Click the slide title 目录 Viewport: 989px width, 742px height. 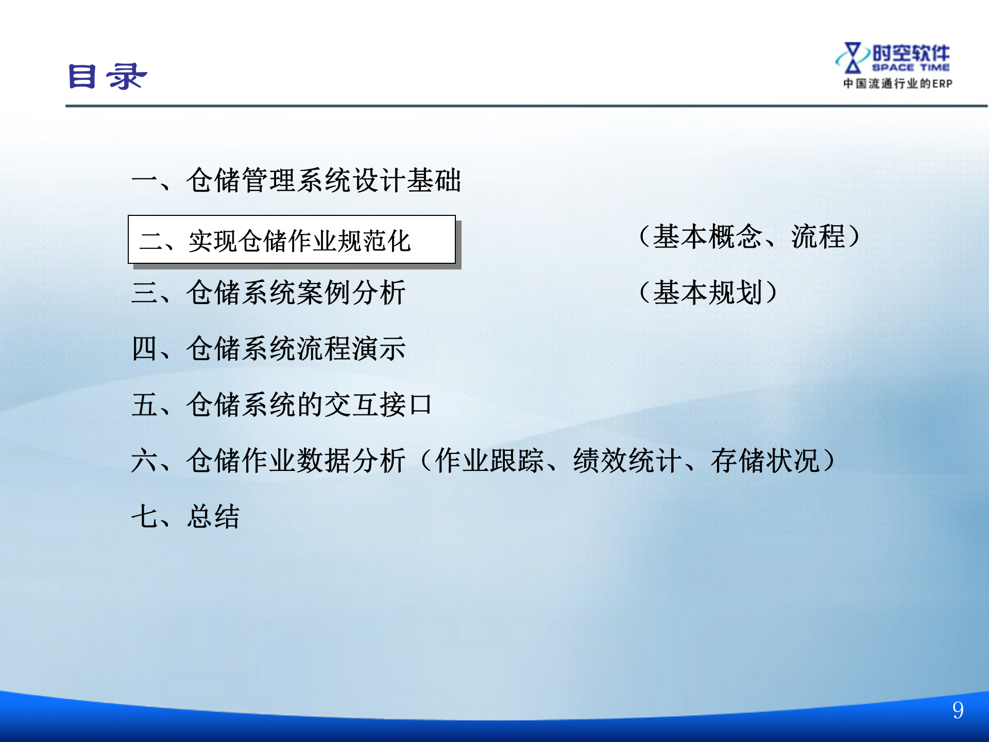tap(107, 77)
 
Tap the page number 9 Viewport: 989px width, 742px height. tap(958, 711)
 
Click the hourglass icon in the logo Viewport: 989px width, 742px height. tap(852, 58)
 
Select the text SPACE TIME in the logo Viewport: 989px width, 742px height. tap(911, 68)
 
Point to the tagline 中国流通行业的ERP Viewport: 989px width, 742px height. tap(897, 83)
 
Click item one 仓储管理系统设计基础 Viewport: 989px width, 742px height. tap(323, 180)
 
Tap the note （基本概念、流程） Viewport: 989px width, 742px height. tap(749, 237)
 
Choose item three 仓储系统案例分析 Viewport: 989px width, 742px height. tap(296, 293)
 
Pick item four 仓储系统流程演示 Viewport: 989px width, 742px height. tap(296, 349)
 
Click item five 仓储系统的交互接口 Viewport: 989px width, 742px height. tap(309, 405)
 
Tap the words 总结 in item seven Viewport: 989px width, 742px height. tap(213, 516)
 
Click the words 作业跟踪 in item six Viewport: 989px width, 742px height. tap(489, 461)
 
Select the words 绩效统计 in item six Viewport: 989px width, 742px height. tap(627, 461)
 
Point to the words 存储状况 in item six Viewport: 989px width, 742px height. tap(765, 461)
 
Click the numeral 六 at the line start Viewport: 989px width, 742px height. tap(144, 461)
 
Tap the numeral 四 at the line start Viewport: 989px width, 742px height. tap(144, 349)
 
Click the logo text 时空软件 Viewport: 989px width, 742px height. tap(911, 53)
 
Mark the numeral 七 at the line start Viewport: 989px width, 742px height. tap(144, 516)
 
